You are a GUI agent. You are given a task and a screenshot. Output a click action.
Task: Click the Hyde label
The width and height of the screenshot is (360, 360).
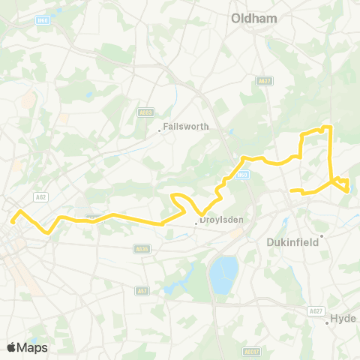[346, 319]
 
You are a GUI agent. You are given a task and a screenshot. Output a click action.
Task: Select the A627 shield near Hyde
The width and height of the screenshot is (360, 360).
[316, 310]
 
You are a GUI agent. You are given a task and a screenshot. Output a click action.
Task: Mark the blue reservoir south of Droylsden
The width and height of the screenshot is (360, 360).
[224, 274]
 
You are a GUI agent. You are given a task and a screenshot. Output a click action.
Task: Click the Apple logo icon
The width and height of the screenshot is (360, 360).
[12, 347]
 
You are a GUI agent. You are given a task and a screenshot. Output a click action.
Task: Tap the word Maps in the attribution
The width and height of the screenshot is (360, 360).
[33, 347]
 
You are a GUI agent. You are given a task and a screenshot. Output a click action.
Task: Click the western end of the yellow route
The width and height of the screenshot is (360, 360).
[13, 221]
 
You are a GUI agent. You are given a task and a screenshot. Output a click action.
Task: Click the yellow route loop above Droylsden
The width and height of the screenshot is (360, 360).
[181, 200]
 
